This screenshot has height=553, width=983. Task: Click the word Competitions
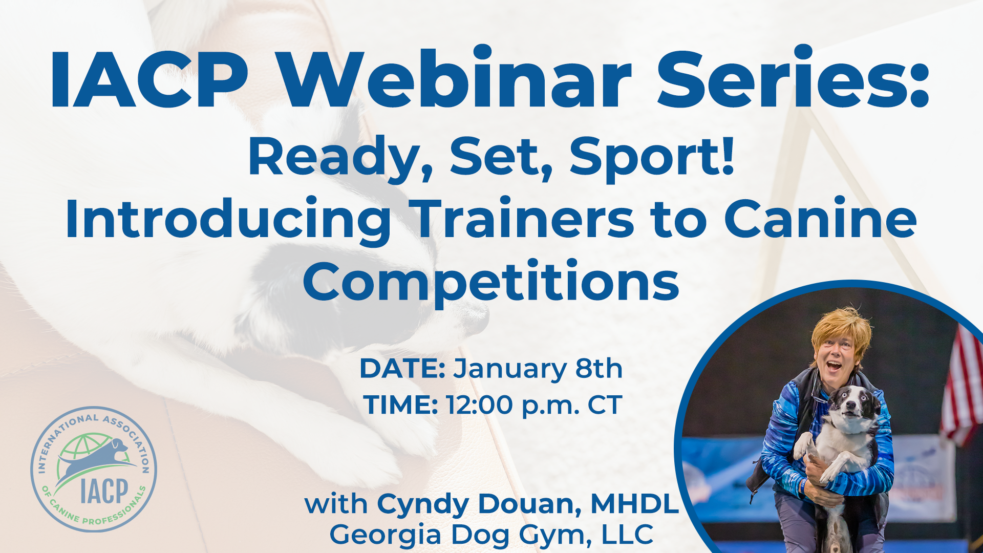[x=490, y=282]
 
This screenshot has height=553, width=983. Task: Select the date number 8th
[x=599, y=369]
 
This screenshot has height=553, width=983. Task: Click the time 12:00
[x=479, y=405]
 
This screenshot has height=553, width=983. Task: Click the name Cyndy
[x=423, y=504]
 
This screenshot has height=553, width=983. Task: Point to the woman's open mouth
[x=834, y=367]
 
